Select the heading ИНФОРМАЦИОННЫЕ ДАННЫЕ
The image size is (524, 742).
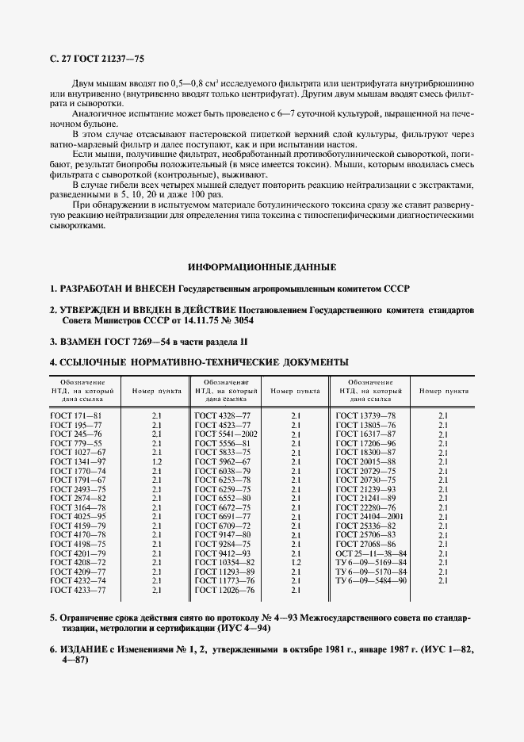pyautogui.click(x=262, y=266)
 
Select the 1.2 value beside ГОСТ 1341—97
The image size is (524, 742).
pyautogui.click(x=156, y=461)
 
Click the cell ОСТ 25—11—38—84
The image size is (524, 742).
pyautogui.click(x=372, y=553)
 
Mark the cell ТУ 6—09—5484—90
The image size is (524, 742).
pyautogui.click(x=372, y=581)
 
